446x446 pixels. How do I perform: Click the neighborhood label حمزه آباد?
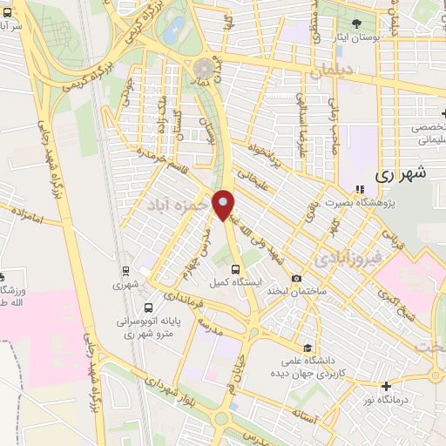coord(178,204)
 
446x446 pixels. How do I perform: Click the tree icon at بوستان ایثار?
coord(356,24)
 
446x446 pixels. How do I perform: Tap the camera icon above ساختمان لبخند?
coord(297,278)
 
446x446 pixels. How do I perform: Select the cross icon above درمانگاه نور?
coord(386,386)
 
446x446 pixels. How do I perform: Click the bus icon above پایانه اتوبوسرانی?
coord(148,307)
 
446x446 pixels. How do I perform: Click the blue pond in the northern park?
coord(176,29)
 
